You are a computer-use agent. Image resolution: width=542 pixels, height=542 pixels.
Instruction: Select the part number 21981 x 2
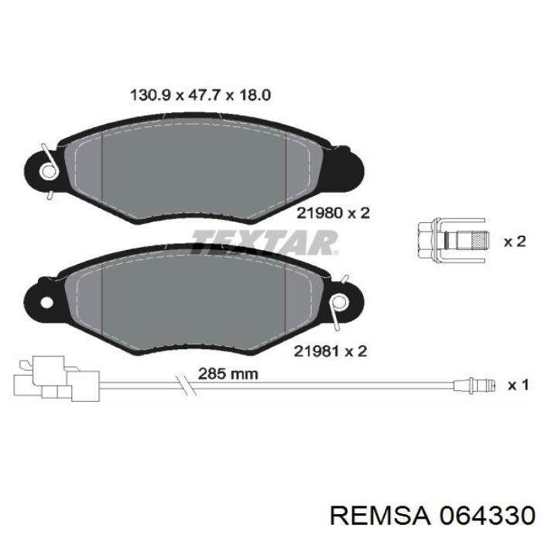click(330, 351)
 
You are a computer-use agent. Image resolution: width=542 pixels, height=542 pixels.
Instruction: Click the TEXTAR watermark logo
click(264, 242)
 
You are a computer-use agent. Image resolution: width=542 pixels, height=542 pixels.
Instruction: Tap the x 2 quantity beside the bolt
click(515, 242)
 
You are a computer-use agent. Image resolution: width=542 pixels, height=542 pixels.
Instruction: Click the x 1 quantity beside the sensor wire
click(516, 384)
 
